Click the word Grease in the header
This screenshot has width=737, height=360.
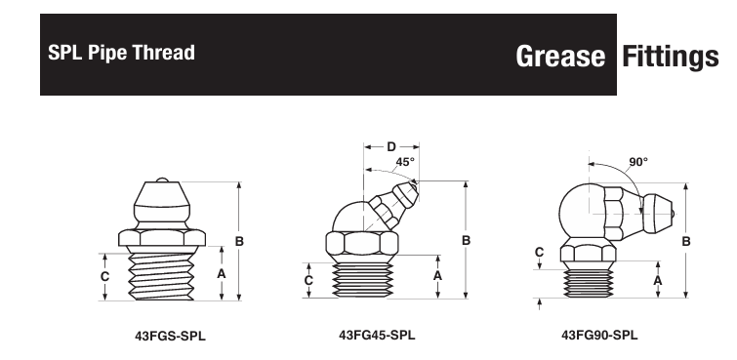pos(560,57)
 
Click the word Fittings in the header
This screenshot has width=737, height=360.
pos(671,57)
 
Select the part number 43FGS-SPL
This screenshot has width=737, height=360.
pos(170,336)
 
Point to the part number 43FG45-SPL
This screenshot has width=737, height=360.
pos(377,335)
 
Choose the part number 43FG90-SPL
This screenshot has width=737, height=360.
pos(599,335)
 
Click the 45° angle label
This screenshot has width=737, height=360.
pos(405,162)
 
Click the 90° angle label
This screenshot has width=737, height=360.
pos(638,162)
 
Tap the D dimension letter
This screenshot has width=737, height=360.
pos(391,147)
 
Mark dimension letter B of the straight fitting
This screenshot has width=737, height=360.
pos(239,241)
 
